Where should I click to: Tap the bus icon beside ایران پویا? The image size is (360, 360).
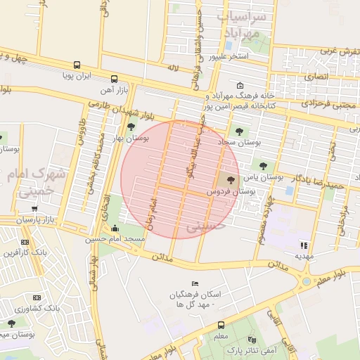77,65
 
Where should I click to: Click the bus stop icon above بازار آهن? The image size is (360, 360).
114,79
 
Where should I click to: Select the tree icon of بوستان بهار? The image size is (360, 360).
131,127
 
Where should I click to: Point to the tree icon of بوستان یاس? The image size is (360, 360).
263,167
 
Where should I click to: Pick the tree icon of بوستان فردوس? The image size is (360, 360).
232,181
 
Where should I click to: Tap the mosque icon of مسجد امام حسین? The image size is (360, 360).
115,228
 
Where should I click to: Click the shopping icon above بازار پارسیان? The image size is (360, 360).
34,209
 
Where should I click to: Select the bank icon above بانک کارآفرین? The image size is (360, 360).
27,242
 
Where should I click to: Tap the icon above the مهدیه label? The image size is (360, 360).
304,245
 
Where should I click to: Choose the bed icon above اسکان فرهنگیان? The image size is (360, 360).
195,283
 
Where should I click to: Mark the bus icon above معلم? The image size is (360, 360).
221,325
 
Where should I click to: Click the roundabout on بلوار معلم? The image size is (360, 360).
307,282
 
